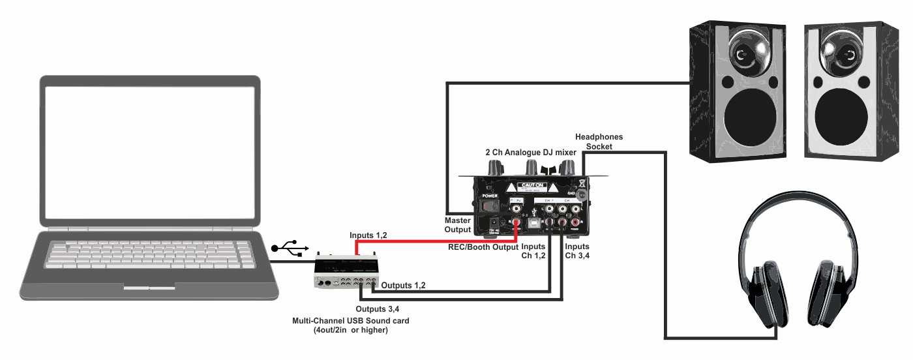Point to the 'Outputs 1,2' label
403,286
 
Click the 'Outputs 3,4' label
378,308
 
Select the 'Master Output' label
458,225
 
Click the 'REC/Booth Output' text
483,247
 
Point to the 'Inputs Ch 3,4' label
577,251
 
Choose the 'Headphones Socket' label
599,142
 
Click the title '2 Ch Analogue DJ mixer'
530,152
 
